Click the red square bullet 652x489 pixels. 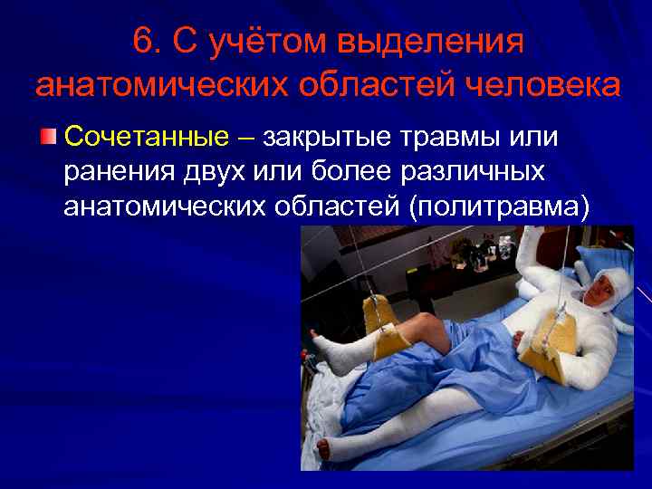[48, 137]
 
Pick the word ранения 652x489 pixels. [114, 172]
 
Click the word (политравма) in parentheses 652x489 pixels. [499, 207]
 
